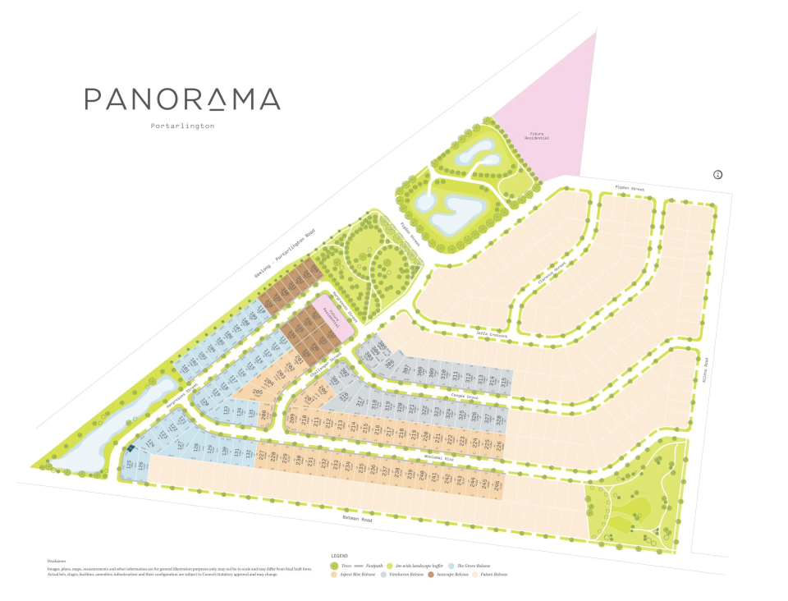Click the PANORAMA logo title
tap(182, 99)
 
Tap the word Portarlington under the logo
tap(182, 126)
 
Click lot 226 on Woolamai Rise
tap(497, 444)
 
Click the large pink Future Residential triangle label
tap(538, 135)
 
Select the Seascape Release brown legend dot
tap(431, 574)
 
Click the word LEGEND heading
tap(341, 555)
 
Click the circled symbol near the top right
tap(717, 174)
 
